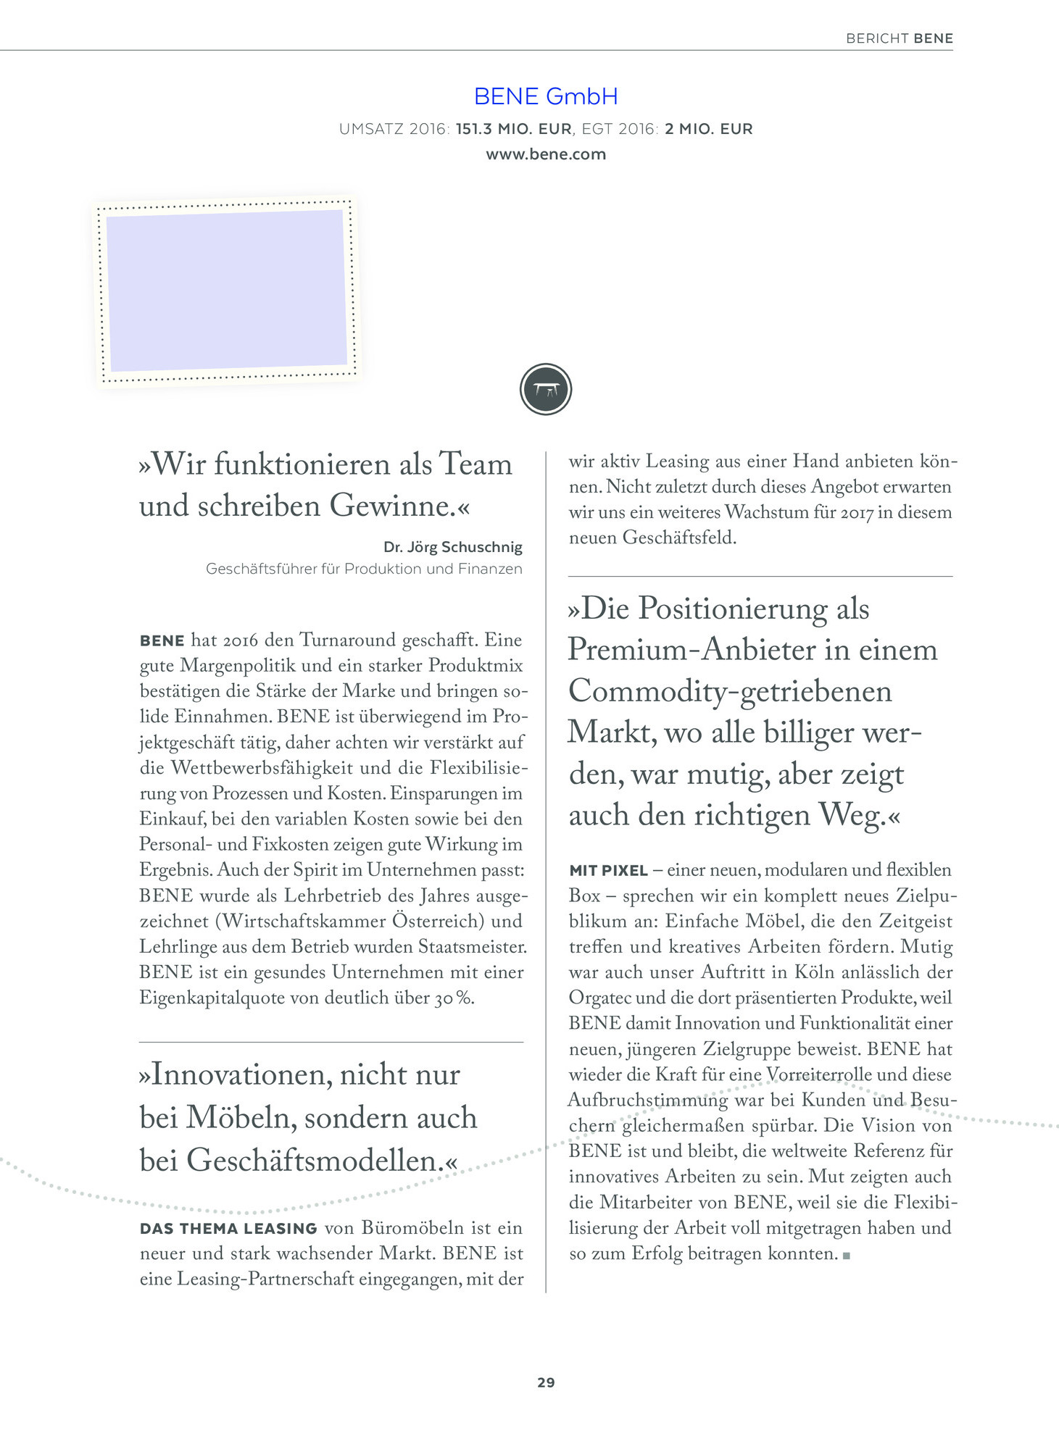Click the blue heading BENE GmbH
coord(545,96)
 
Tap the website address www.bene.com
coord(545,154)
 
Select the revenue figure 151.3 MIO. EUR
coord(513,129)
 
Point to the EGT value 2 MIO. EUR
coord(708,129)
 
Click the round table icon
coord(546,389)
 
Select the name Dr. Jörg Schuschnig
coord(452,547)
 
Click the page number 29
coord(546,1382)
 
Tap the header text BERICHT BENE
coord(899,38)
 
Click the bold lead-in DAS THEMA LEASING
coord(228,1229)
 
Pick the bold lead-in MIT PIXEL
coord(608,870)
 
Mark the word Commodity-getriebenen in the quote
coord(730,690)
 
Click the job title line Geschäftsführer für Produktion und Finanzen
coord(364,569)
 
